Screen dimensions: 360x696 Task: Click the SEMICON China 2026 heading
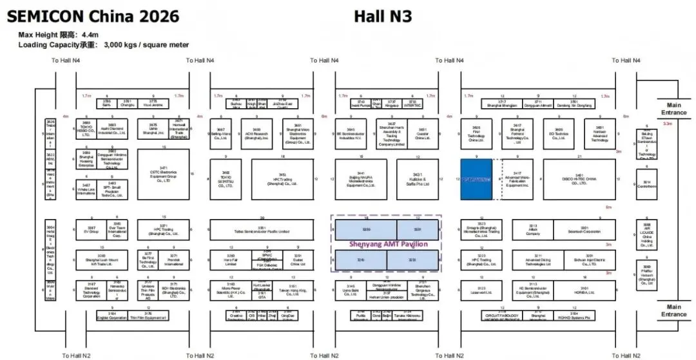[93, 15]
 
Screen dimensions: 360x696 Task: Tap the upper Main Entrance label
[673, 109]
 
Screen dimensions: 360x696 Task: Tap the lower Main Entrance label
[673, 310]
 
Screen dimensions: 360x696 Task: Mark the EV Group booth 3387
[91, 229]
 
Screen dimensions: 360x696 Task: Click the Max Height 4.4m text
[59, 35]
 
